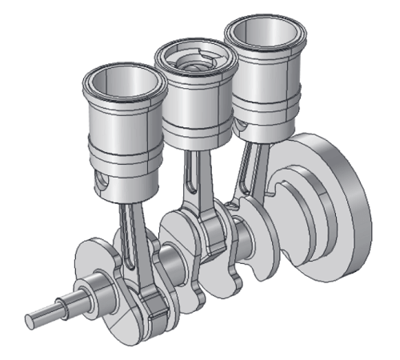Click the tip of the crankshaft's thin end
pos(30,318)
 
